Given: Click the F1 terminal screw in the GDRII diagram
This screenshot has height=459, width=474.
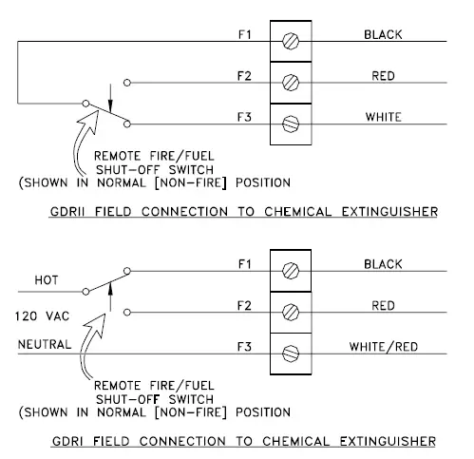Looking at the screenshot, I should tap(292, 42).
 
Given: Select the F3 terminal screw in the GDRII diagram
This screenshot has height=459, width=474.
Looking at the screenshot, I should tap(292, 123).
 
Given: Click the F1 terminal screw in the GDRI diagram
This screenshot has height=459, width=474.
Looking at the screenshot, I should tap(292, 270).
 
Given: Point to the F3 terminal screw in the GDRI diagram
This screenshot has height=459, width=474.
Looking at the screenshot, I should tap(292, 352).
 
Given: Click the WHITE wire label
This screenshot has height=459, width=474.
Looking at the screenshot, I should tap(383, 117).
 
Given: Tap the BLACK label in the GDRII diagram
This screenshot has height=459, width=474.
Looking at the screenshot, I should tap(383, 35).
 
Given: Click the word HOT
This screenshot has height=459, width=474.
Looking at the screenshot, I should tap(47, 281).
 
